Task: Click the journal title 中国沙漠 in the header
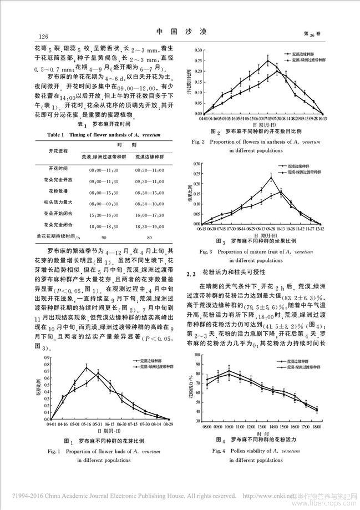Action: click(x=180, y=33)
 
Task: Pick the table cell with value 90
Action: click(x=103, y=237)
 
